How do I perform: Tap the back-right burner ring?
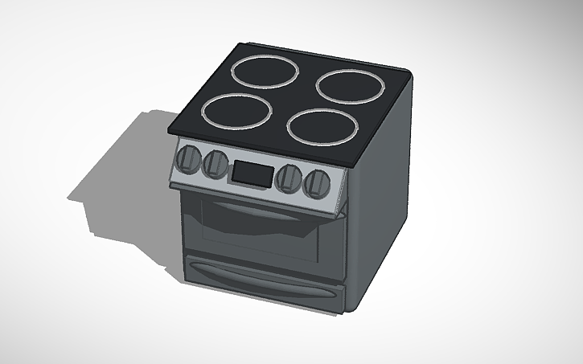[348, 84]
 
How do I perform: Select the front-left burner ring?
[236, 110]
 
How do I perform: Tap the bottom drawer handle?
[257, 280]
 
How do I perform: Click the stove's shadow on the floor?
[121, 185]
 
